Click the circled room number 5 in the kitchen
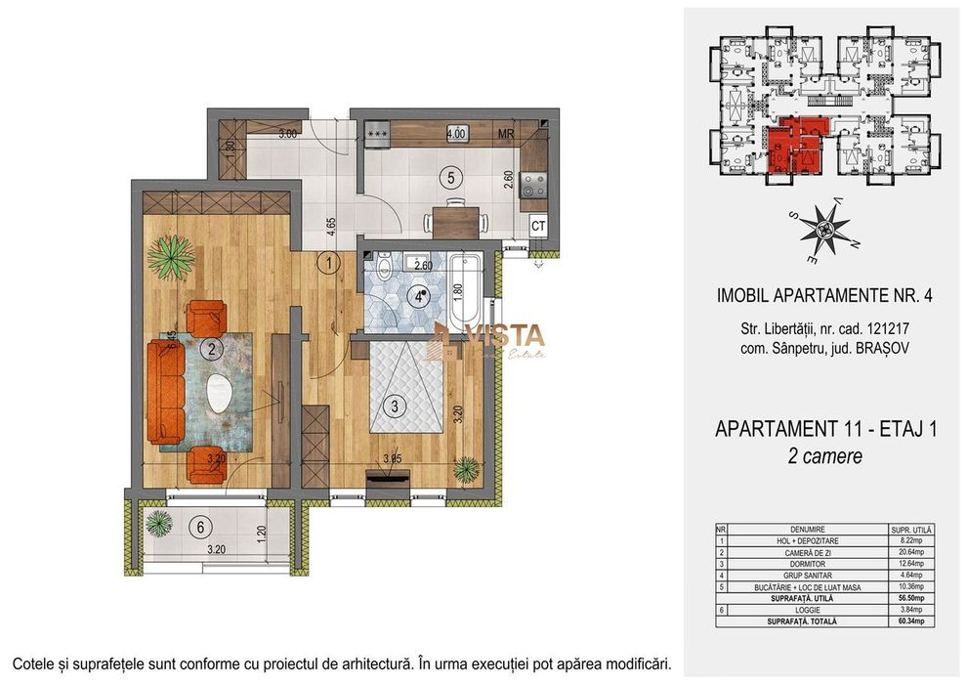coord(448,178)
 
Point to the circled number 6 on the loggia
coord(200,528)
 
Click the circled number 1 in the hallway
coord(330,262)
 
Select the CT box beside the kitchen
coord(537,226)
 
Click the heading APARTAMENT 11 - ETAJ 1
coord(825,430)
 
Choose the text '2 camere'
coord(825,456)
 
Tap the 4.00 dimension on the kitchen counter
coord(455,133)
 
